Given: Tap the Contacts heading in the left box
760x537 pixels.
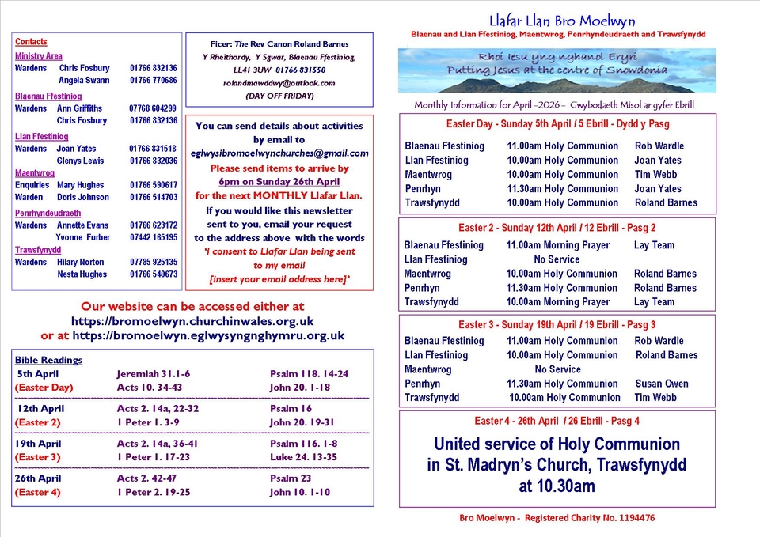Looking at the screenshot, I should pyautogui.click(x=31, y=42).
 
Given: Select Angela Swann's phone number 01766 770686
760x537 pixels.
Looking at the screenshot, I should pyautogui.click(x=154, y=80).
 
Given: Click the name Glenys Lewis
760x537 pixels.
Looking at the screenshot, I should pyautogui.click(x=80, y=161).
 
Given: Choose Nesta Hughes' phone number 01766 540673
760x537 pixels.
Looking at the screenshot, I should pyautogui.click(x=154, y=274).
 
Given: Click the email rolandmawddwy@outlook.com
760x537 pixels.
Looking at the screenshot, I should pyautogui.click(x=279, y=83).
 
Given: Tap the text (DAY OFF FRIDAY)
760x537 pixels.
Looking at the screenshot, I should pyautogui.click(x=279, y=96).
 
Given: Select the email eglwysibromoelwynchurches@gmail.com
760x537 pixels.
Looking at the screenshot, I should pyautogui.click(x=279, y=153).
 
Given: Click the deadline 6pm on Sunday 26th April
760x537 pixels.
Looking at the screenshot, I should pyautogui.click(x=279, y=181).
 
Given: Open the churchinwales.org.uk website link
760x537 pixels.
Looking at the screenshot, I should pyautogui.click(x=192, y=321).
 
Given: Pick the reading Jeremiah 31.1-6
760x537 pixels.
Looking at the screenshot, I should pyautogui.click(x=153, y=374).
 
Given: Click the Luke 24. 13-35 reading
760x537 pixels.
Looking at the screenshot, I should pyautogui.click(x=302, y=457).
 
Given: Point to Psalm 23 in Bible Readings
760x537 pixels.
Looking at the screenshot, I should pyautogui.click(x=291, y=478).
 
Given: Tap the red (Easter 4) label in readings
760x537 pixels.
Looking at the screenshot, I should pyautogui.click(x=37, y=493).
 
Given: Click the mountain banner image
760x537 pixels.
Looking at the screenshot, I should pyautogui.click(x=557, y=70).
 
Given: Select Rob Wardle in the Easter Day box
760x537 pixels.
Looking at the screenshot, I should pyautogui.click(x=659, y=146).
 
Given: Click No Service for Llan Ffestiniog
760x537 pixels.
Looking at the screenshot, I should pyautogui.click(x=557, y=259).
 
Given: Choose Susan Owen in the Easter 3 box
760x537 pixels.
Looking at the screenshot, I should pyautogui.click(x=661, y=384).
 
